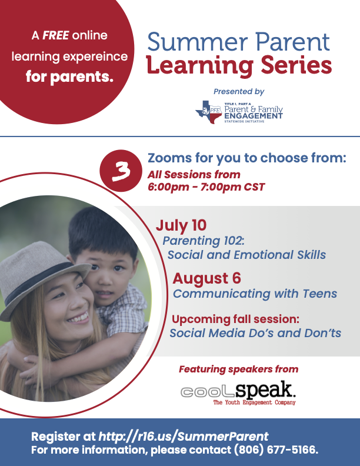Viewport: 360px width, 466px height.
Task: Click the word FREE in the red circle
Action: click(x=55, y=36)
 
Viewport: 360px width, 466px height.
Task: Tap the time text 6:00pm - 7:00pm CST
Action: click(x=206, y=188)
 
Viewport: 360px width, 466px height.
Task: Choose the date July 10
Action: click(x=181, y=226)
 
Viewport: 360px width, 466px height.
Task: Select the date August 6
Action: click(x=206, y=278)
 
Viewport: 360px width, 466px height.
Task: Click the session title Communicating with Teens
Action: click(x=255, y=294)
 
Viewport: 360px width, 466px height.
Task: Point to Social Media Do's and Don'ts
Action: click(x=255, y=333)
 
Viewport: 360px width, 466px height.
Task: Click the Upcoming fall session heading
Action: click(x=235, y=319)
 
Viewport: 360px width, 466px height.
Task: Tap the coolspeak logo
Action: click(x=238, y=392)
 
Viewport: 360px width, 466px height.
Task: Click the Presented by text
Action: click(x=239, y=92)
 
